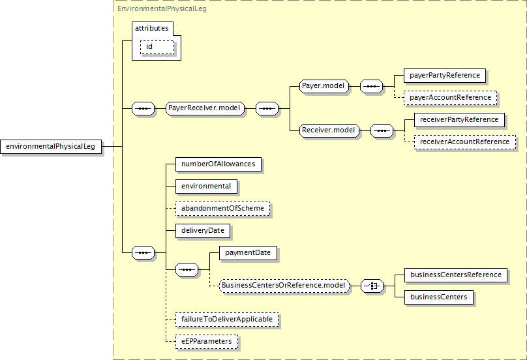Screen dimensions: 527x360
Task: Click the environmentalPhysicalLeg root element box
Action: pyautogui.click(x=51, y=147)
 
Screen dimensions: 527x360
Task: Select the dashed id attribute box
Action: pyautogui.click(x=157, y=47)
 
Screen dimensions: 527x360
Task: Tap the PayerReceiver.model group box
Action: pyautogui.click(x=205, y=108)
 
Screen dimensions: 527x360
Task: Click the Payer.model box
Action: pyautogui.click(x=324, y=86)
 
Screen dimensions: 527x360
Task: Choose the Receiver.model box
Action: pyautogui.click(x=329, y=130)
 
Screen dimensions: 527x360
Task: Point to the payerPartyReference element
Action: pyautogui.click(x=445, y=75)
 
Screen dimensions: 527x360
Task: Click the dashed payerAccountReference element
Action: pyautogui.click(x=451, y=97)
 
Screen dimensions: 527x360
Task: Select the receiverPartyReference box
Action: pyautogui.click(x=459, y=119)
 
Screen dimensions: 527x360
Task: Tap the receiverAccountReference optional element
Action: pyautogui.click(x=465, y=142)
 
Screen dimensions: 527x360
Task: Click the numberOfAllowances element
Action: pyautogui.click(x=218, y=164)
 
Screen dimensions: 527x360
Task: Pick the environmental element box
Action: pyautogui.click(x=206, y=187)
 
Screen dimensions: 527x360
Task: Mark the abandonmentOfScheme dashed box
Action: pyautogui.click(x=223, y=209)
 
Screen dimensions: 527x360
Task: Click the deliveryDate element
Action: pyautogui.click(x=203, y=231)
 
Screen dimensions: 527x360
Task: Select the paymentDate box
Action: pyautogui.click(x=248, y=253)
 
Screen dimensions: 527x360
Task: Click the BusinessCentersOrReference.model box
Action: pyautogui.click(x=284, y=286)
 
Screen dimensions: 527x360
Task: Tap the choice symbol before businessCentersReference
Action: pyautogui.click(x=372, y=286)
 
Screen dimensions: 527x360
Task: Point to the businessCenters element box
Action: pyautogui.click(x=439, y=297)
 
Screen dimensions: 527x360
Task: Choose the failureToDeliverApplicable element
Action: pyautogui.click(x=227, y=320)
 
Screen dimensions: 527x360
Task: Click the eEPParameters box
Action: pyautogui.click(x=207, y=342)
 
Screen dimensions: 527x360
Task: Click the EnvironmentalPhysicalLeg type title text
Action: pyautogui.click(x=162, y=8)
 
